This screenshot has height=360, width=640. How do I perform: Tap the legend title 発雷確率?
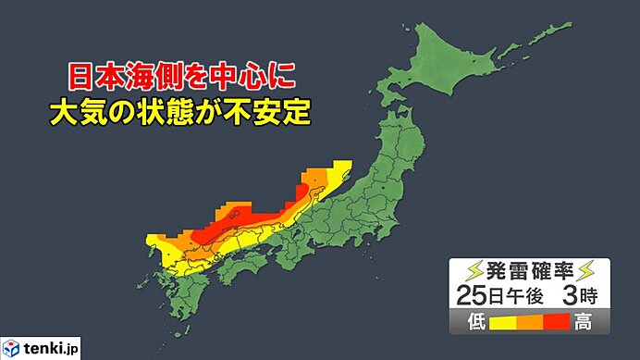523,271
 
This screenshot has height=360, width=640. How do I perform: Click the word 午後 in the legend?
521,296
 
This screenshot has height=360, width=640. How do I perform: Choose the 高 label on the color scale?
585,322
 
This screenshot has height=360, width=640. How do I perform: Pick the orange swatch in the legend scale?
524,323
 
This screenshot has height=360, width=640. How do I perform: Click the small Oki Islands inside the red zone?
236,213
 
